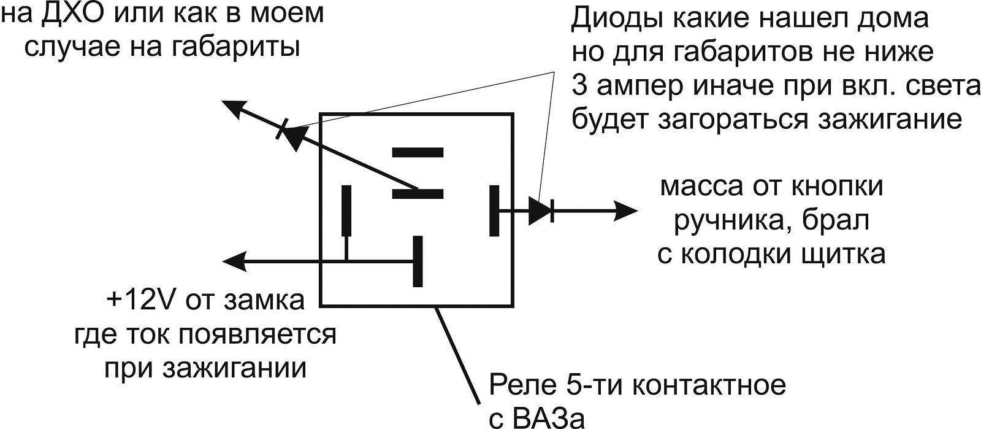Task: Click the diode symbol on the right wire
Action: [x=541, y=211]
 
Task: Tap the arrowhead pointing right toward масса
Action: [x=625, y=211]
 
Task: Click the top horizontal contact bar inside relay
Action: [x=418, y=152]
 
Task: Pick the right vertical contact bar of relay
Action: [x=494, y=211]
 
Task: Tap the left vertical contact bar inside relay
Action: [x=346, y=211]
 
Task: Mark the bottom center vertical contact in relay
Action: [x=418, y=261]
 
